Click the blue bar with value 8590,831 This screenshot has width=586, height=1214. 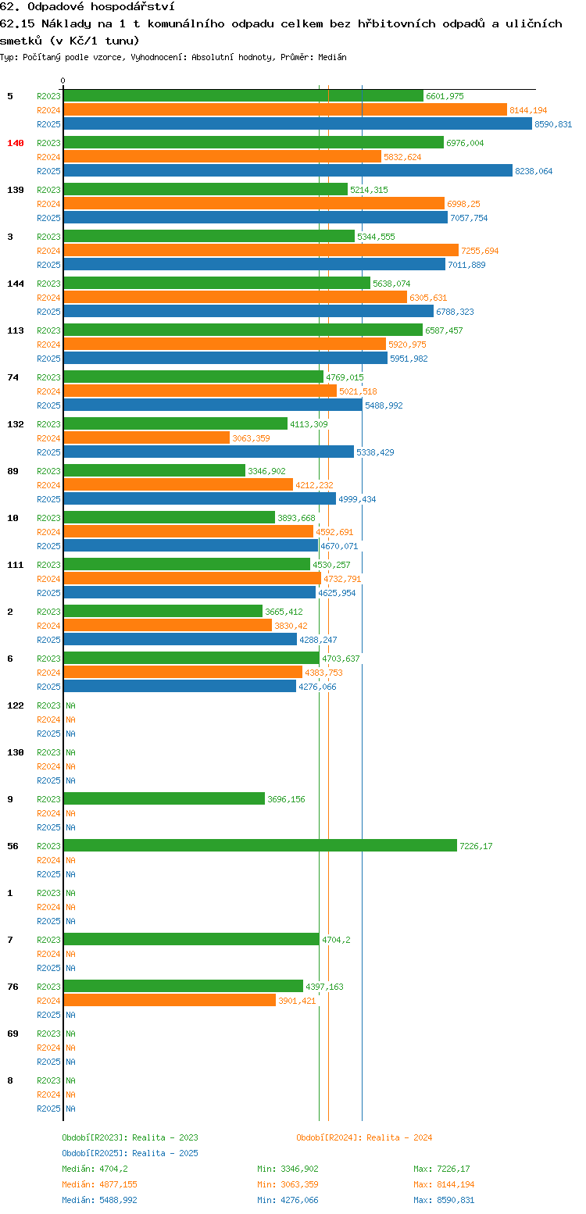[x=298, y=124]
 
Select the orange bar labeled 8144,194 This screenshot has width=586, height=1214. [x=285, y=110]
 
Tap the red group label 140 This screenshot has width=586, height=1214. [x=15, y=143]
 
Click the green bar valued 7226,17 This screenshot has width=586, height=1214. [x=260, y=846]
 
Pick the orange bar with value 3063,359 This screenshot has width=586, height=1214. [x=146, y=438]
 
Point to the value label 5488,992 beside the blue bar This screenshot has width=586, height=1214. [x=384, y=405]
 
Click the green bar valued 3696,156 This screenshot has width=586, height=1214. [x=164, y=799]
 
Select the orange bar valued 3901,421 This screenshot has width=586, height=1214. [x=170, y=1001]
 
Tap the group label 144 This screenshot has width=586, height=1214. [x=15, y=284]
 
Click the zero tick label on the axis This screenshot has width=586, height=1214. [x=63, y=80]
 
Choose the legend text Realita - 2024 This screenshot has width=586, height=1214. [x=399, y=1137]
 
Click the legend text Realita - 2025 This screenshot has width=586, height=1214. [x=166, y=1153]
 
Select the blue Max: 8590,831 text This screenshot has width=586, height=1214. [x=444, y=1200]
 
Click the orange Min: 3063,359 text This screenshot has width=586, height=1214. [x=288, y=1184]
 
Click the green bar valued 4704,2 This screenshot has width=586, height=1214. [x=191, y=940]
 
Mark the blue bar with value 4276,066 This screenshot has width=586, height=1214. [x=180, y=687]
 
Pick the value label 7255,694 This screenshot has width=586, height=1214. [x=480, y=251]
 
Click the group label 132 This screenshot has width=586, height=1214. [x=15, y=424]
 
